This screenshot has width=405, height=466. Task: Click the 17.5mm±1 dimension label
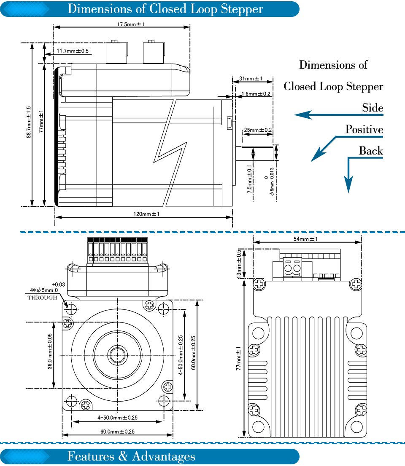click(x=131, y=24)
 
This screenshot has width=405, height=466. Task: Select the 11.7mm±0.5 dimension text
click(x=73, y=51)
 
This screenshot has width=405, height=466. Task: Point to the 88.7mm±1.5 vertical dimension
click(x=28, y=122)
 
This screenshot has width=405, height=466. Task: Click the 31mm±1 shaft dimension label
click(x=251, y=79)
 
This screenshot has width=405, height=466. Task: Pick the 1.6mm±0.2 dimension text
click(x=256, y=94)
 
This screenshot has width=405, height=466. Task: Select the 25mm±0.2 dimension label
click(x=258, y=130)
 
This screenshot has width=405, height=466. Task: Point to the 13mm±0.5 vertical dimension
click(x=239, y=264)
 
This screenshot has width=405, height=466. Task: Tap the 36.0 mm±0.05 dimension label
click(x=49, y=351)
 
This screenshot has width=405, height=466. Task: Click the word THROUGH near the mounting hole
click(x=42, y=298)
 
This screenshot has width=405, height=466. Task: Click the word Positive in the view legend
click(x=364, y=129)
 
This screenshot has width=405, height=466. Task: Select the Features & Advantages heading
click(x=131, y=456)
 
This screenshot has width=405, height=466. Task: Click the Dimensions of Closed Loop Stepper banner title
click(x=165, y=9)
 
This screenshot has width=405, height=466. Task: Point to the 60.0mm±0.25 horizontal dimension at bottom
click(x=117, y=431)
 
